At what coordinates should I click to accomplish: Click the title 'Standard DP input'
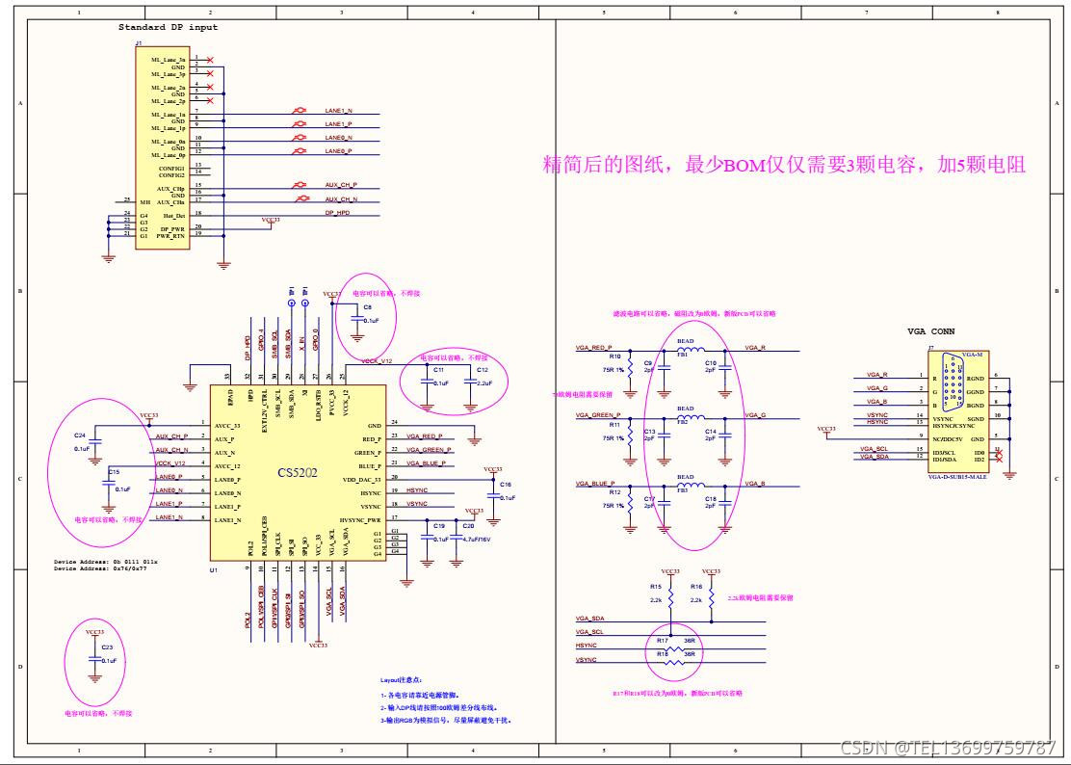click(169, 28)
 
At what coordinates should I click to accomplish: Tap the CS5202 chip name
click(298, 472)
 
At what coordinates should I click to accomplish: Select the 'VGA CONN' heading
click(930, 330)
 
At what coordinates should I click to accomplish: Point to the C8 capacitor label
click(367, 306)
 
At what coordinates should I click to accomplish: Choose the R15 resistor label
click(656, 586)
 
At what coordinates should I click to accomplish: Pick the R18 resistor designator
click(663, 654)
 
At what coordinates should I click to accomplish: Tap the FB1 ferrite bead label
click(683, 356)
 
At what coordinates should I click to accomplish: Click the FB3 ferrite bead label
click(683, 490)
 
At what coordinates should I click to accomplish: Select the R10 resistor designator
click(614, 356)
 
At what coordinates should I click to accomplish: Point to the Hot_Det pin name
click(173, 216)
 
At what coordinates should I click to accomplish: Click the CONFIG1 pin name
click(171, 168)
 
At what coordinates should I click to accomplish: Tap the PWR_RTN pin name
click(170, 235)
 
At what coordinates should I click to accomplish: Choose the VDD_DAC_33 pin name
click(362, 479)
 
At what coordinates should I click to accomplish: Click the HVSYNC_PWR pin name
click(361, 519)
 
